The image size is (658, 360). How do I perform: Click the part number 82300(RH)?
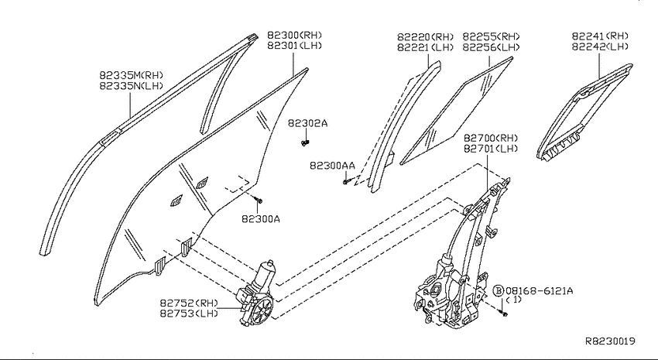click(x=295, y=35)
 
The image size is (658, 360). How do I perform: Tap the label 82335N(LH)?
click(x=131, y=86)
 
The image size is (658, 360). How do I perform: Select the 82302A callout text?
click(x=307, y=123)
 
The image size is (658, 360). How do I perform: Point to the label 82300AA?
click(x=332, y=166)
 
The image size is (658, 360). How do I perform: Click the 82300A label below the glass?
click(x=261, y=218)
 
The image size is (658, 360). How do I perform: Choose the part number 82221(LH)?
click(x=426, y=47)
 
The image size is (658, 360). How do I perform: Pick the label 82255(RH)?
click(x=491, y=36)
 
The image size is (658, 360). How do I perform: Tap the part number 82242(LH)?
click(x=600, y=46)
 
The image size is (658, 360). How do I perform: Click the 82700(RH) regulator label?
click(x=491, y=138)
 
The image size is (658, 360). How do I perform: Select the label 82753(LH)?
click(x=189, y=313)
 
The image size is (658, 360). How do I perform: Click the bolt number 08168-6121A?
click(x=540, y=290)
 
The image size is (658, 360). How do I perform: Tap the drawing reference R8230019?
click(x=610, y=341)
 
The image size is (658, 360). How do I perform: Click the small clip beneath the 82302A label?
click(x=305, y=143)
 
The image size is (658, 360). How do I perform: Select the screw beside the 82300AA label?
click(x=346, y=182)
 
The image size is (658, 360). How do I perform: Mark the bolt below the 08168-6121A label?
click(x=505, y=314)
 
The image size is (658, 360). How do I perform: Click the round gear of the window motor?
click(x=262, y=310)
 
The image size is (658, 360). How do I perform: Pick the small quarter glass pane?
click(x=456, y=111)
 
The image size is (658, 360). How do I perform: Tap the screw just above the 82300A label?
click(x=259, y=201)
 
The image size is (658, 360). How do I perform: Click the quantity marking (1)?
click(x=513, y=300)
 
